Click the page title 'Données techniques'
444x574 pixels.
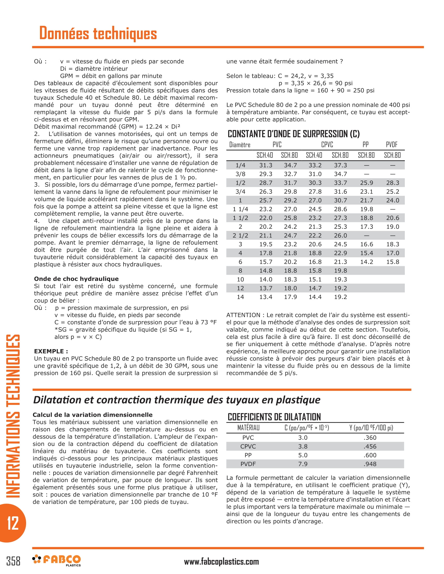coord(98,33)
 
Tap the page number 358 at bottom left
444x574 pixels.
coord(13,561)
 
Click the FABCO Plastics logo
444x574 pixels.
coord(57,560)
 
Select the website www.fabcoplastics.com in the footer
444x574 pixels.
coord(221,561)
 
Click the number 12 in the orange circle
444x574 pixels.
coord(13,523)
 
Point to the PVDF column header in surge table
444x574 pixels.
coord(392,145)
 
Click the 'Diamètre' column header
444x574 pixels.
coord(239,145)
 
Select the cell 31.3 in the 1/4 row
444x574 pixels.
coord(266,165)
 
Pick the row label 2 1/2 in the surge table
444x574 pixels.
coord(240,236)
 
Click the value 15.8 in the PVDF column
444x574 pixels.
coord(393,262)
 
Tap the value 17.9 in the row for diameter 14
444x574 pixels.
coord(290,297)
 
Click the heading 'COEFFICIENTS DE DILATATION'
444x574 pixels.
coord(274,417)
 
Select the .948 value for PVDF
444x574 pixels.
coord(370,464)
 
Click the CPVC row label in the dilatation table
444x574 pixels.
coord(248,446)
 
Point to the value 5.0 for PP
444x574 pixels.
coord(302,455)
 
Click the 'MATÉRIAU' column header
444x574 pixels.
coord(248,428)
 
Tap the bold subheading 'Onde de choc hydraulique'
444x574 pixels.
coord(76,279)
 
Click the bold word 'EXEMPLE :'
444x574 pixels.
coord(51,351)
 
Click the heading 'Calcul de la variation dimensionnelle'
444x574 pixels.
coord(93,415)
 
